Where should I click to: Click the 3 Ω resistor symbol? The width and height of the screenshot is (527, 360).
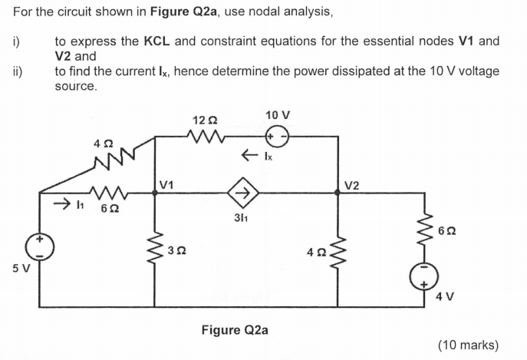[155, 246]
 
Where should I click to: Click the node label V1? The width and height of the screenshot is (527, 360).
[167, 184]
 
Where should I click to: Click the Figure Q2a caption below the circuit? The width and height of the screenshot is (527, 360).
[235, 330]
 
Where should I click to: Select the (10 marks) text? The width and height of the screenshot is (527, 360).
[468, 345]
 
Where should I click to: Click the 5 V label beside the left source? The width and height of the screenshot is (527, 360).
[13, 270]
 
